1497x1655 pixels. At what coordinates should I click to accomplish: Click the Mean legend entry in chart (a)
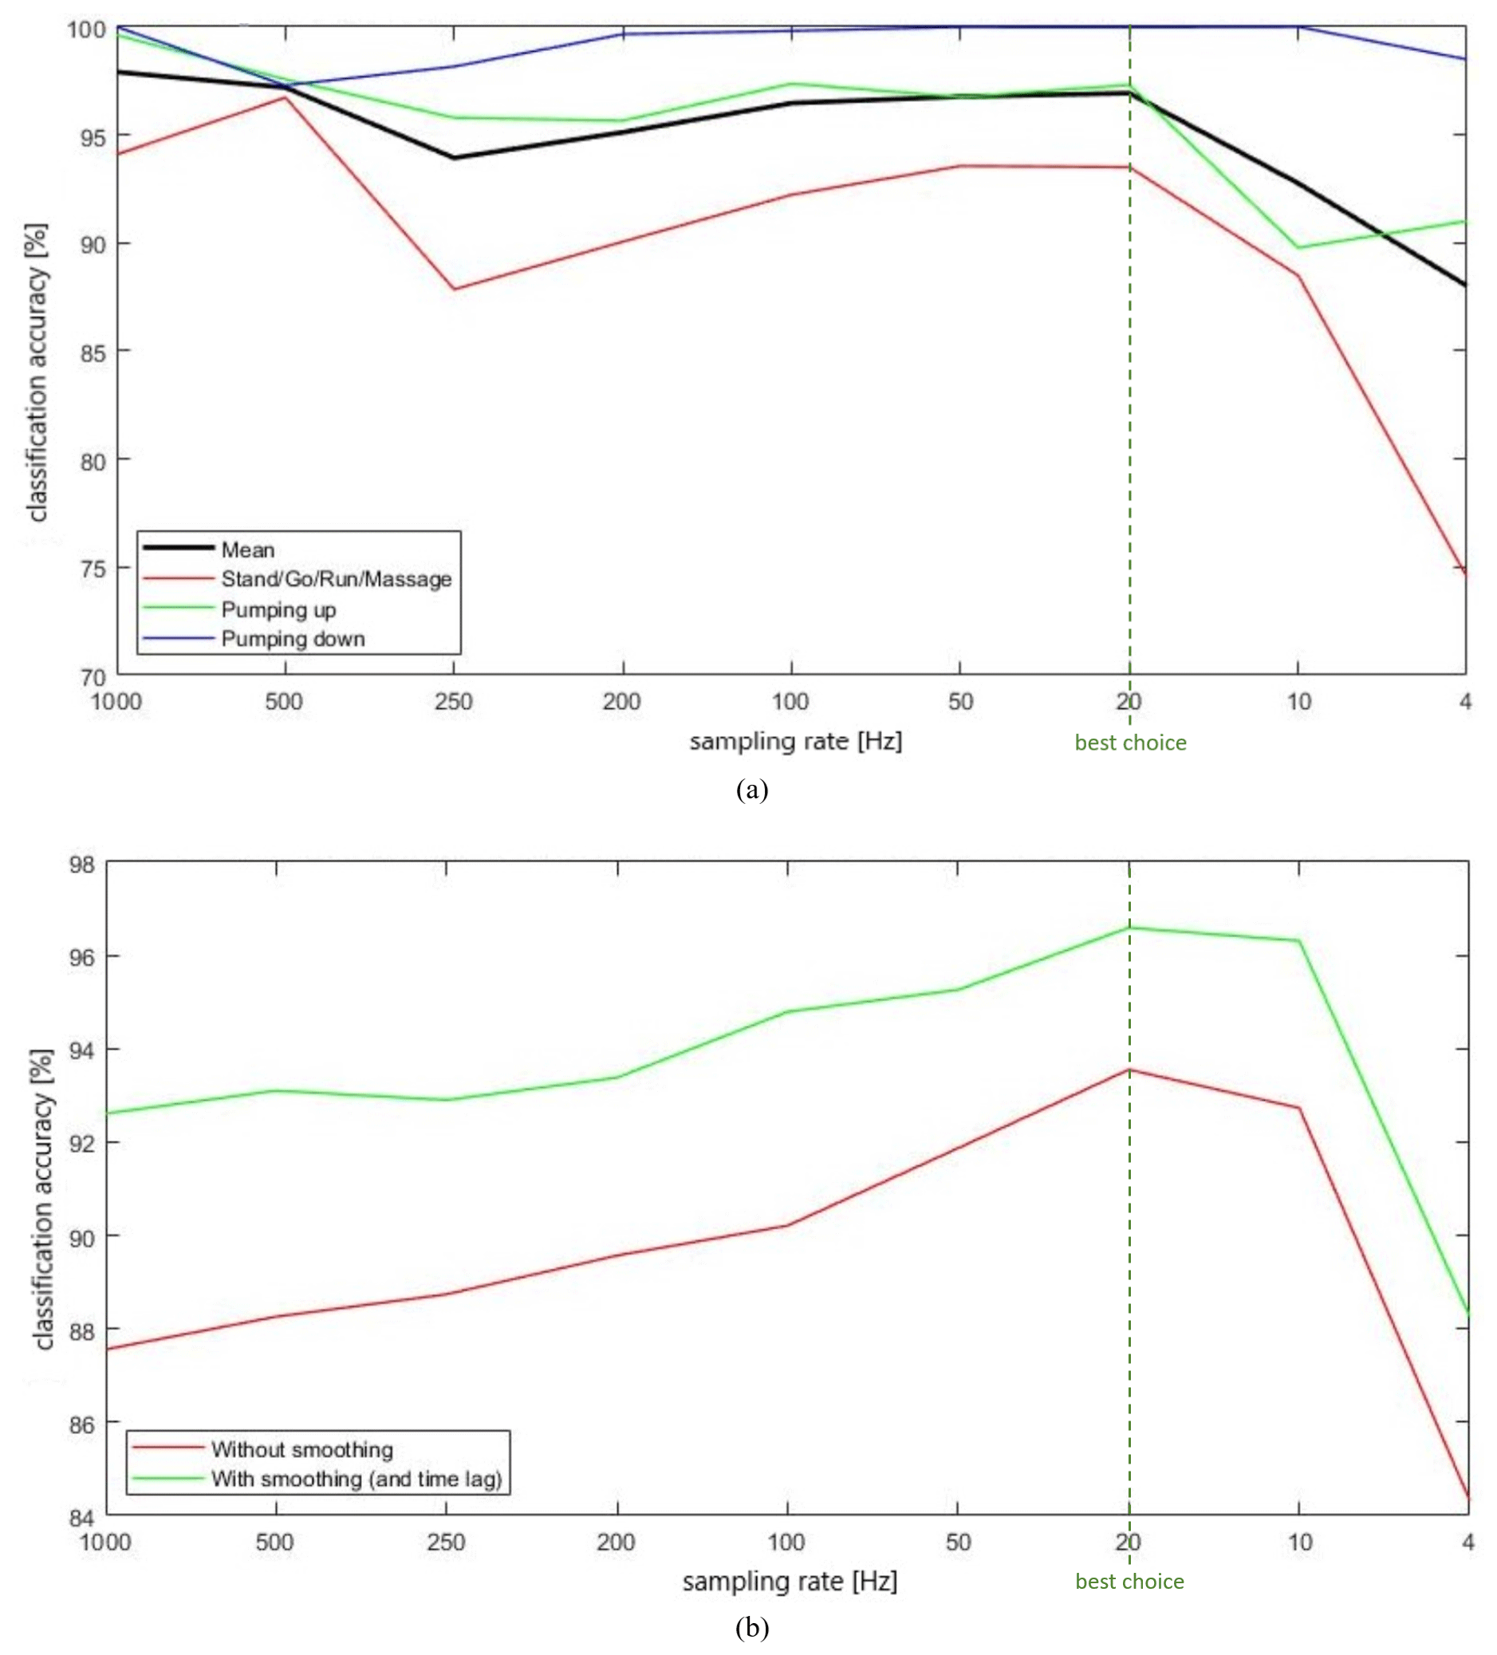tap(247, 550)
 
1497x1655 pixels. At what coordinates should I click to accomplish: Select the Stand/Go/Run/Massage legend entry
tap(336, 580)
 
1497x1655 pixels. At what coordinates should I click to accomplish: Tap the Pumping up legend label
tap(278, 610)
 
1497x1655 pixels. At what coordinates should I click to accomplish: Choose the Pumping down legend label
tap(292, 640)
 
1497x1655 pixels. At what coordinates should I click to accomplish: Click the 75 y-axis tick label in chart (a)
tap(93, 569)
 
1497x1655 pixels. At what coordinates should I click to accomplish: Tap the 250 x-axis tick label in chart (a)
tap(453, 702)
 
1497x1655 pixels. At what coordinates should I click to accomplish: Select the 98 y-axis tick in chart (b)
tap(82, 865)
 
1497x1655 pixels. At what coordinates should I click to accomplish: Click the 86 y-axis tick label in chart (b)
tap(82, 1424)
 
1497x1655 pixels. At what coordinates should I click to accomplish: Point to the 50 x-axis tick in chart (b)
tap(958, 1543)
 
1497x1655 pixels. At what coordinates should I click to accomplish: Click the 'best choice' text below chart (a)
tap(1130, 743)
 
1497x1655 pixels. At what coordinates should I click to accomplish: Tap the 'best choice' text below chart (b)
tap(1129, 1582)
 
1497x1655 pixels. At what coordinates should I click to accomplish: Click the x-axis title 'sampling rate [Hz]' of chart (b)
tap(790, 1581)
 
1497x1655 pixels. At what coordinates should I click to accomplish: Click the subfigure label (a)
tap(752, 790)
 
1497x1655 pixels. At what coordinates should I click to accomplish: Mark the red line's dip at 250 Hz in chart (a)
tap(454, 289)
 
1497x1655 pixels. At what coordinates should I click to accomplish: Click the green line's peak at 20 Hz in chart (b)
tap(1129, 928)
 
